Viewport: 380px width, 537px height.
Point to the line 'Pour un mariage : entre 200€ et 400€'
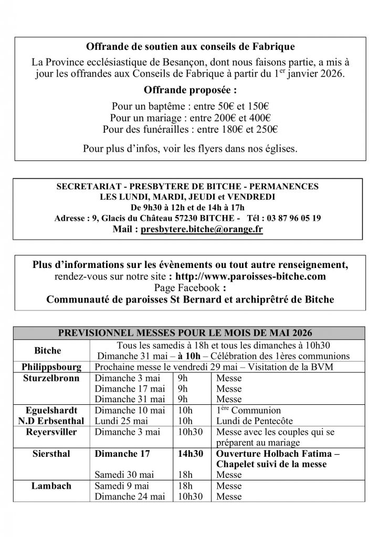pos(190,117)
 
